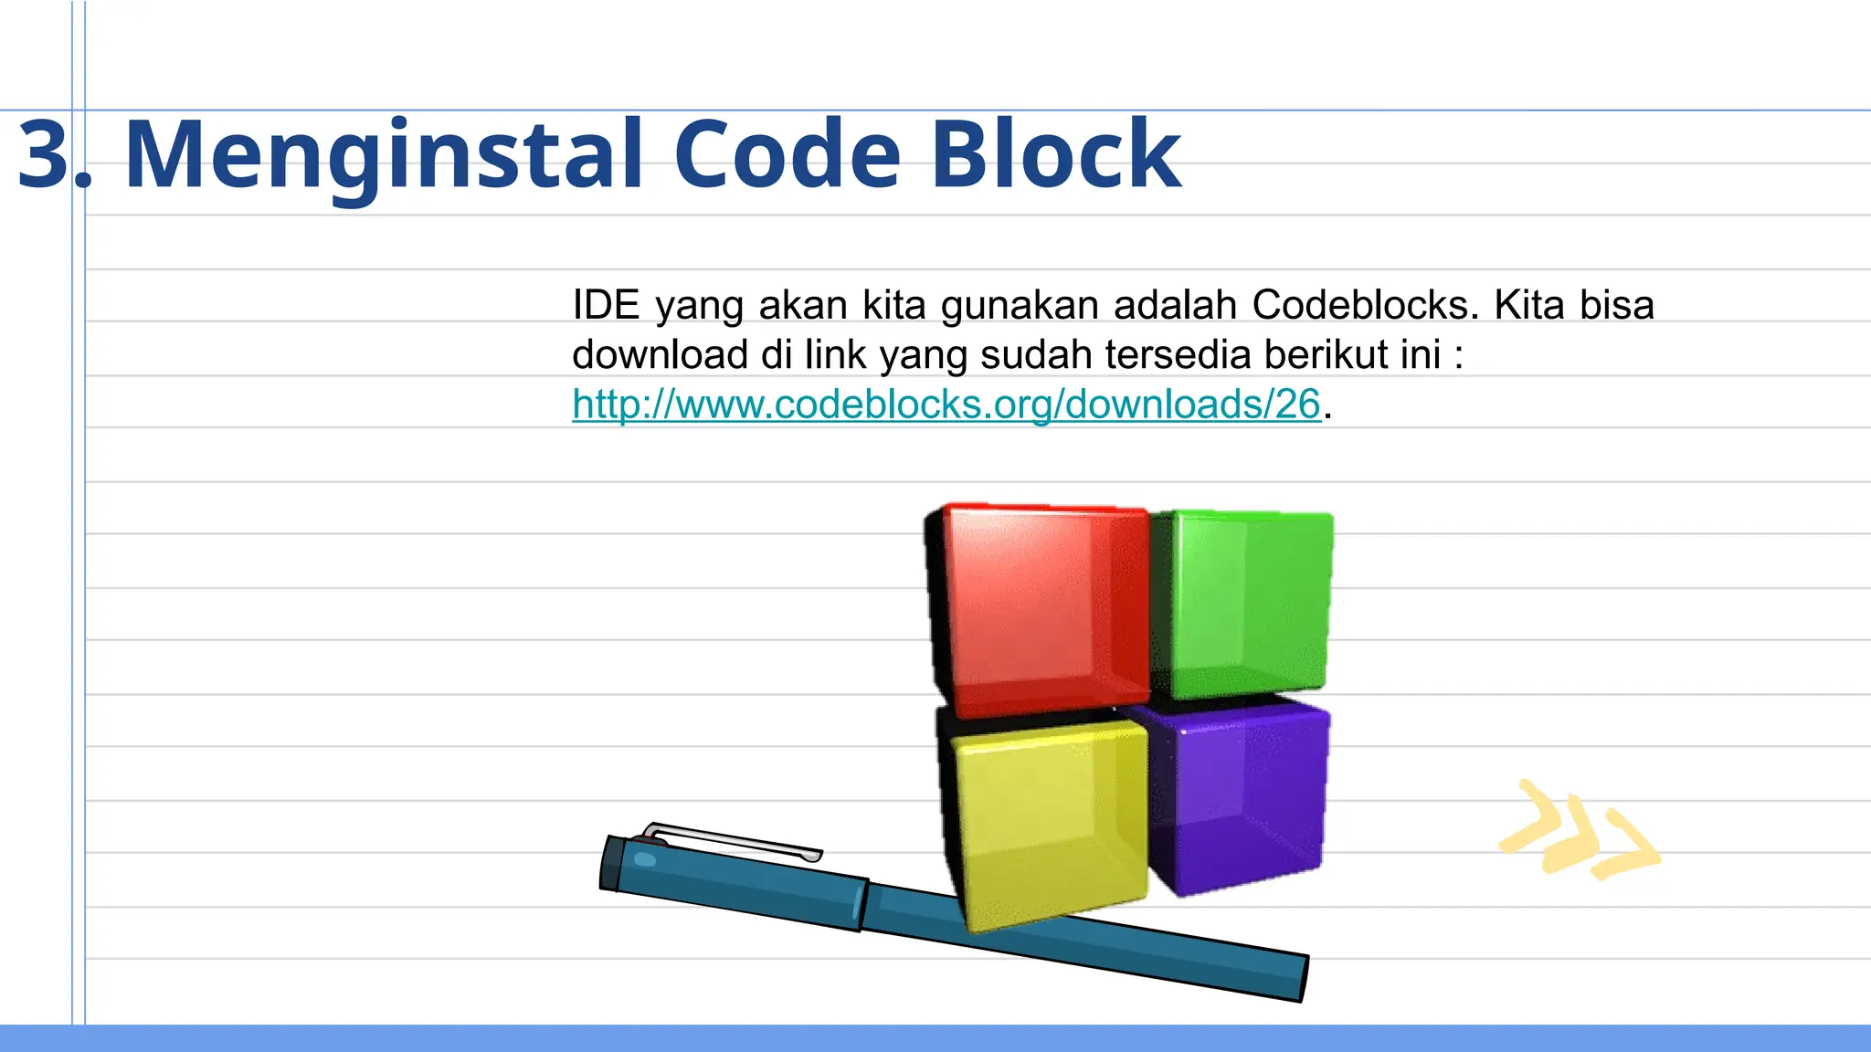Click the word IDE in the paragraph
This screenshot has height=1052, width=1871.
click(x=606, y=304)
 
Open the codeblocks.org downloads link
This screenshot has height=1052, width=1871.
click(x=946, y=404)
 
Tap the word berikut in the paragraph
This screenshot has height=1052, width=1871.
click(x=1321, y=354)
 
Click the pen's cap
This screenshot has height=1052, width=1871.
click(x=731, y=881)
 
